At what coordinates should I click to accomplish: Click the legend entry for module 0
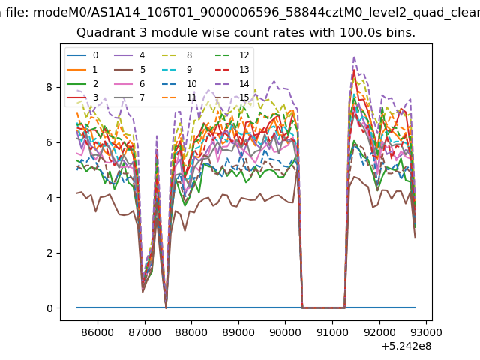click(82, 55)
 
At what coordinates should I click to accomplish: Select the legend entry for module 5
click(130, 70)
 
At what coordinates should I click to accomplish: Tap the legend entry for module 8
click(177, 55)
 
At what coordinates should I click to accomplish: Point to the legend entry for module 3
click(82, 97)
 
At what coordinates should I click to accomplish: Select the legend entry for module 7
click(130, 97)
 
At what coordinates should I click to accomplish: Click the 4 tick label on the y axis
click(49, 198)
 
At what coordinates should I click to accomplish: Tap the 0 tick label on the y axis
click(49, 308)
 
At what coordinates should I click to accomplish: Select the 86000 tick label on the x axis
click(97, 332)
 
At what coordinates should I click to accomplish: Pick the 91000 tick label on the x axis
click(332, 332)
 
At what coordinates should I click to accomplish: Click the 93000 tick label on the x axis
click(426, 332)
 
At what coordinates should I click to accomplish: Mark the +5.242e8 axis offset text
click(406, 346)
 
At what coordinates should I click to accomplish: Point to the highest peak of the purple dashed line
click(354, 57)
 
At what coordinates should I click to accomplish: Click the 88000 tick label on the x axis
click(191, 332)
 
